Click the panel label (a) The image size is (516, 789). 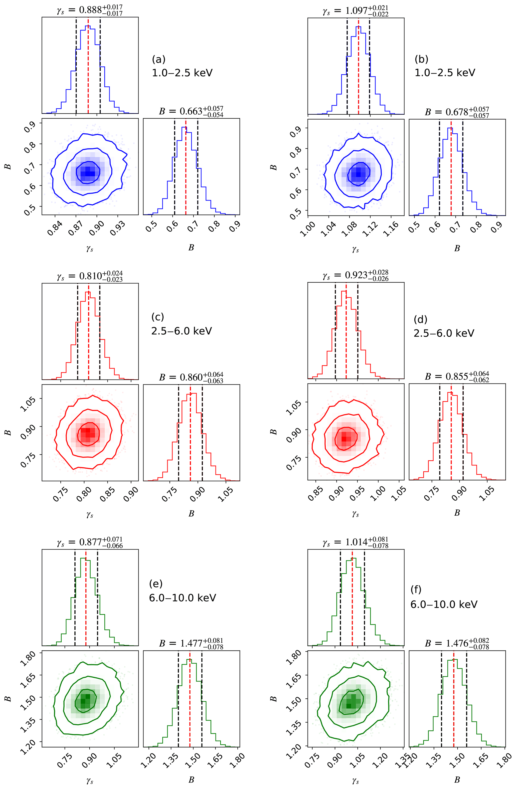point(159,59)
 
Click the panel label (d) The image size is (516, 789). point(420,320)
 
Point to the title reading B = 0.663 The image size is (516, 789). point(191,111)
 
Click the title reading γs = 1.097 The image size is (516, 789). point(355,10)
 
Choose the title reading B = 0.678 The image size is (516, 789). point(457,112)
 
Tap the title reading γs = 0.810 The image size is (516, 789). point(89,276)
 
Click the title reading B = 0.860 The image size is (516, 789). point(191,377)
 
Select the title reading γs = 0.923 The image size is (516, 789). point(355,275)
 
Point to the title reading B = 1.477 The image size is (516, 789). point(191,643)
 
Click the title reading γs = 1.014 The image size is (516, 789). point(355,542)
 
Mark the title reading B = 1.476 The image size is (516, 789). point(457,643)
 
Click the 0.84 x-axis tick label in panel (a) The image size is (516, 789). point(54,228)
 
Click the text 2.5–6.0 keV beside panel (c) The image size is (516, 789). point(181,331)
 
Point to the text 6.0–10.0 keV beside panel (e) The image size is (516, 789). point(182,598)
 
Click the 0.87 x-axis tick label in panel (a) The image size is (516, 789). point(76,228)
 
